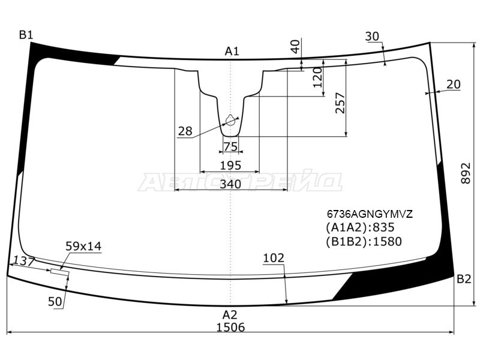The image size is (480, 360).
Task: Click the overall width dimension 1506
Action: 230,327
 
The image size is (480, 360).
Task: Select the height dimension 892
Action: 466,173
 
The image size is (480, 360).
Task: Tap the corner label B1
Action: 26,35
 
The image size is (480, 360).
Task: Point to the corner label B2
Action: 464,279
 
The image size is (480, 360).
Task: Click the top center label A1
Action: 232,51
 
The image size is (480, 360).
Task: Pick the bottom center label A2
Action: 230,314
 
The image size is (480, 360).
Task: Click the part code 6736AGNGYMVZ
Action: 370,214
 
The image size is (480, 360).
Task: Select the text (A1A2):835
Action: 360,227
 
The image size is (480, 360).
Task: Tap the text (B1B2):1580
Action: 364,242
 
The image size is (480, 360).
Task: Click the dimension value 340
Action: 230,184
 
